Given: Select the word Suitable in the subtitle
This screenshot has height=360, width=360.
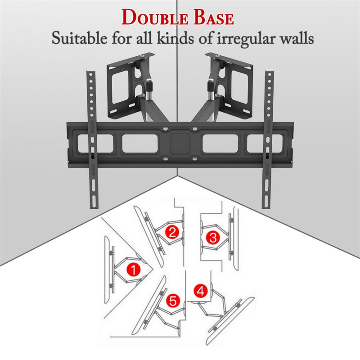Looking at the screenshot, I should pyautogui.click(x=77, y=38).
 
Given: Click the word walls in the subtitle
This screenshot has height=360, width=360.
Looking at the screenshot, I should pyautogui.click(x=293, y=38).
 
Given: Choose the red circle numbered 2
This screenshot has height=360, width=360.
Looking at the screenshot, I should pyautogui.click(x=172, y=232).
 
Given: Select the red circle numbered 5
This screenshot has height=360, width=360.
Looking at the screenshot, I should pyautogui.click(x=172, y=300).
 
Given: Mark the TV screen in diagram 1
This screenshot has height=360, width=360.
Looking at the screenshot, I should pyautogui.click(x=108, y=265).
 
